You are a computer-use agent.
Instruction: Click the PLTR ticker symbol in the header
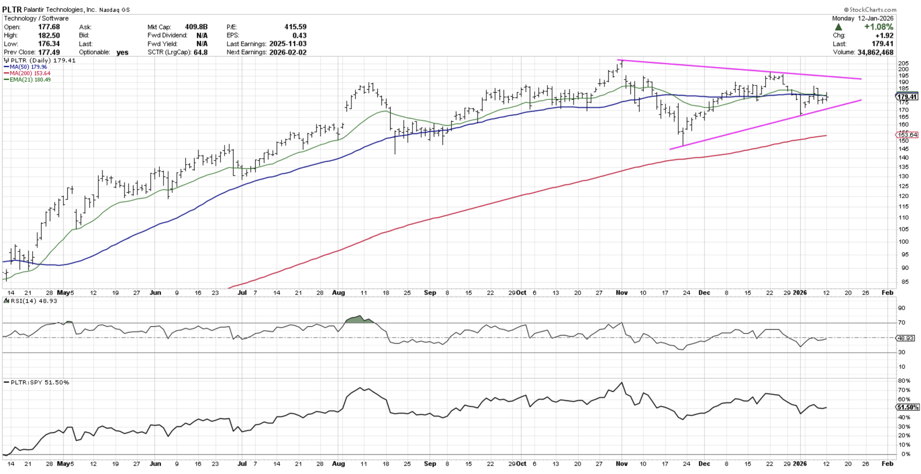point(12,9)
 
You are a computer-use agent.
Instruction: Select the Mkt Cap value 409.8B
point(196,27)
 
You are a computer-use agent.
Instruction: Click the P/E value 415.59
point(295,27)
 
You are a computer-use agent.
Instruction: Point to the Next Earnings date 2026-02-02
point(288,52)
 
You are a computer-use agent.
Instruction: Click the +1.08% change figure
point(879,27)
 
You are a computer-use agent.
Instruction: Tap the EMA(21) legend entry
point(30,80)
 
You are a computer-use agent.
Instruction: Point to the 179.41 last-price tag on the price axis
point(907,97)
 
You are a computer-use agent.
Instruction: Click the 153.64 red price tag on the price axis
point(907,135)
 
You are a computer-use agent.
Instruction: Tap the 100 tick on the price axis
point(903,242)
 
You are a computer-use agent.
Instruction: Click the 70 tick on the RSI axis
point(902,322)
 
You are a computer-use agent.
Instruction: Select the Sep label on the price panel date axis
point(430,293)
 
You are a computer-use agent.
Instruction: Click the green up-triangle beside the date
point(838,27)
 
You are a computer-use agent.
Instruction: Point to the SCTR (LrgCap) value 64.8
point(201,52)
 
